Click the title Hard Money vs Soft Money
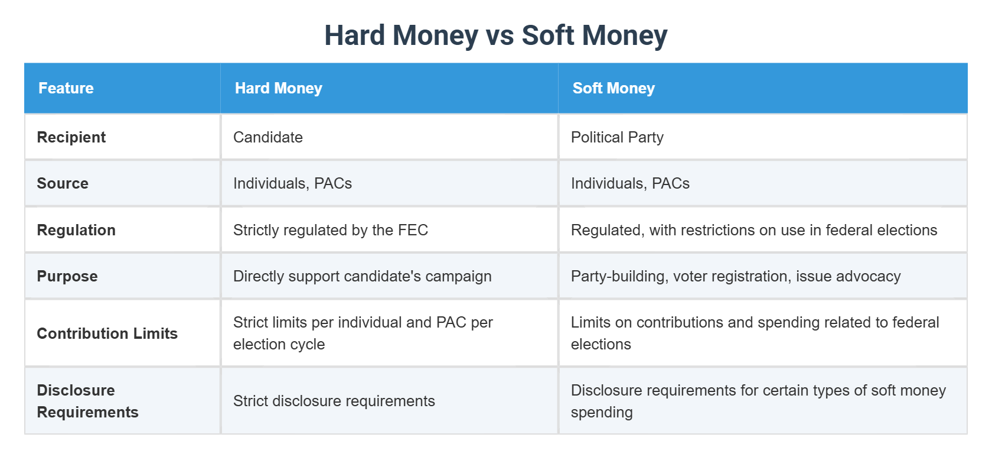tap(495, 35)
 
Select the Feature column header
tap(66, 88)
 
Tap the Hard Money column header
tap(278, 88)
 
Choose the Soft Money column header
tap(613, 88)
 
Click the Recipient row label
tap(71, 137)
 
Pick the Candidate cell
tap(267, 137)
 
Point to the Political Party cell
tap(616, 137)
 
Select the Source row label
tap(62, 183)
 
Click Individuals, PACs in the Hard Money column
tap(292, 183)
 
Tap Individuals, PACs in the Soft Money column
tap(629, 183)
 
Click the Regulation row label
tap(76, 230)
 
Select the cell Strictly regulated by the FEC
tap(330, 230)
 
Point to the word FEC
tap(413, 230)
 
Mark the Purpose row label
tap(67, 276)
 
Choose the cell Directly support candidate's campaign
tap(362, 276)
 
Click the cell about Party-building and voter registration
tap(735, 276)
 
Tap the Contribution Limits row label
tap(107, 333)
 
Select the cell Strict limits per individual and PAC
tap(362, 333)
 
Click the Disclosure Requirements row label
tap(87, 401)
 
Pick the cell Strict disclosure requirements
tap(334, 401)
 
